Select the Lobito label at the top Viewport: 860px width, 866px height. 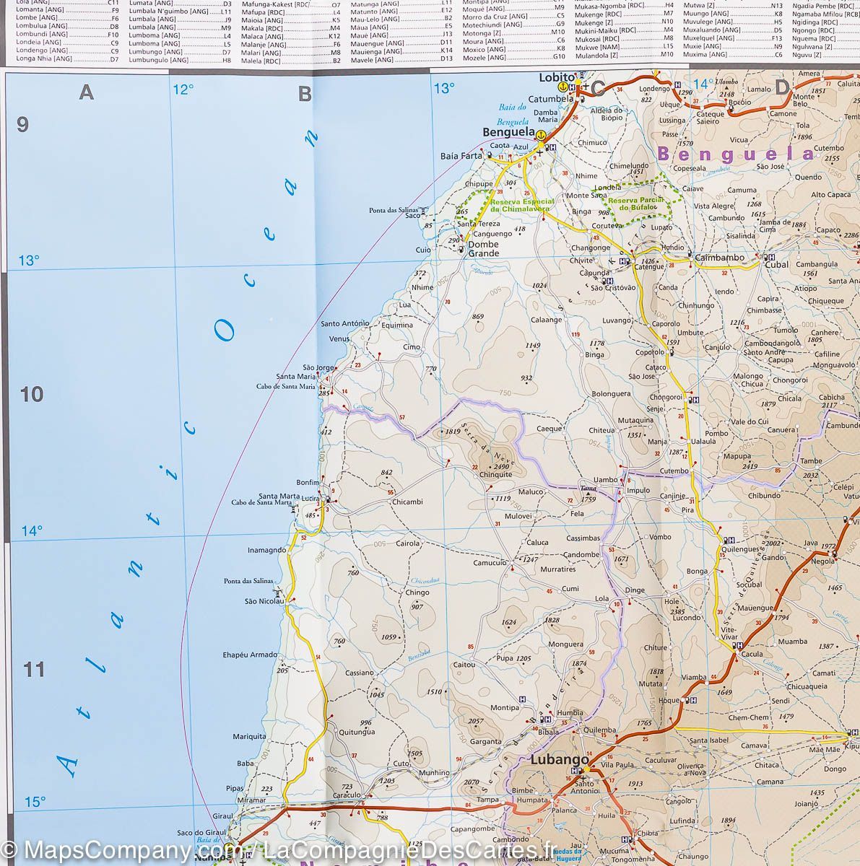coord(557,76)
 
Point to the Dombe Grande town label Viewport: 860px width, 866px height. coord(484,249)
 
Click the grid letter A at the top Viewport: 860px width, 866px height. coord(87,92)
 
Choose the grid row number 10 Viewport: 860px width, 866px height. coord(32,394)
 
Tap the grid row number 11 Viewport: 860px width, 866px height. coord(35,670)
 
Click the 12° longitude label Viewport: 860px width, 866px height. coord(183,89)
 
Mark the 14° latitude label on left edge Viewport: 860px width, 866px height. coord(31,531)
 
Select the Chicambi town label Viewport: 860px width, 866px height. coord(408,502)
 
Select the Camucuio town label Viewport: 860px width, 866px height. coord(490,562)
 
